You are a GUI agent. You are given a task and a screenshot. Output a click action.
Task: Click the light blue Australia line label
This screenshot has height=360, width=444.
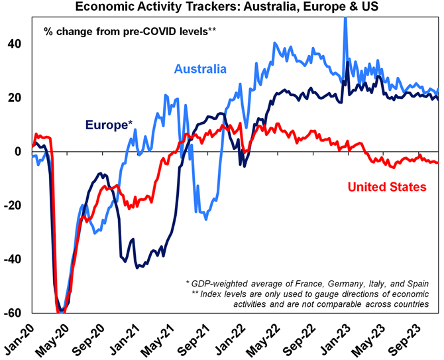pyautogui.click(x=201, y=69)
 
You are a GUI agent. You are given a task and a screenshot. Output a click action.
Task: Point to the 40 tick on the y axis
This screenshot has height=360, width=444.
pyautogui.click(x=15, y=44)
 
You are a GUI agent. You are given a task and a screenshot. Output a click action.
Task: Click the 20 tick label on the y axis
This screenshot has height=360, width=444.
pyautogui.click(x=15, y=97)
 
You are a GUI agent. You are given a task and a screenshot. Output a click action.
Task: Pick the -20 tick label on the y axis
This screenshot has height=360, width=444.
pyautogui.click(x=13, y=205)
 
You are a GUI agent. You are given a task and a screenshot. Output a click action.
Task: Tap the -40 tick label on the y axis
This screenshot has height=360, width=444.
pyautogui.click(x=13, y=259)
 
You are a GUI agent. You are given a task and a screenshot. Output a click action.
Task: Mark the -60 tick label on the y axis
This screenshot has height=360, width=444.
pyautogui.click(x=13, y=312)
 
